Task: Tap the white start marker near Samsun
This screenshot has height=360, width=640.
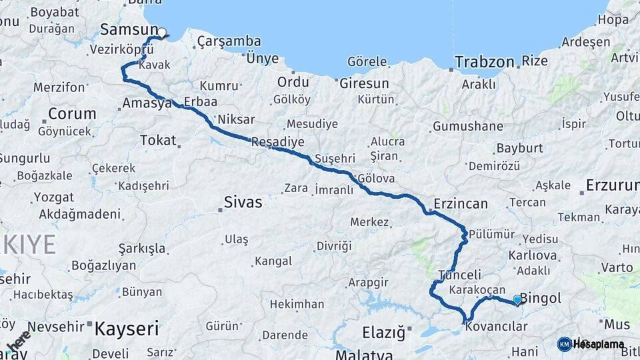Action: point(162,31)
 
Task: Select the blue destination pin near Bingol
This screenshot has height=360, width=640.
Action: point(517,299)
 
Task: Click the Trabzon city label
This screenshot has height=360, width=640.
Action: point(485,62)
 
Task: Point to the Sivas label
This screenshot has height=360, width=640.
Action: point(243,202)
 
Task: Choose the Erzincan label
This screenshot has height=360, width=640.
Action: point(461,203)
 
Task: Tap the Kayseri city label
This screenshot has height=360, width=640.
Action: point(127,328)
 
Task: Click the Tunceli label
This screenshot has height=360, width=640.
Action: point(460,275)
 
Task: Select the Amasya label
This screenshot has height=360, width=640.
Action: point(147,103)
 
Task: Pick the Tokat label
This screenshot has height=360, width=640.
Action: point(158,140)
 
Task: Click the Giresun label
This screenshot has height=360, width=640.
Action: point(364,84)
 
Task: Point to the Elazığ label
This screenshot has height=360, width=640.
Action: point(383,331)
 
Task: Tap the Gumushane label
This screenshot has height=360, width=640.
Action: point(468,126)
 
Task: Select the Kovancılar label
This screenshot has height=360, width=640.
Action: point(497,327)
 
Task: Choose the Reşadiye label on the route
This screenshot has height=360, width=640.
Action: point(278,142)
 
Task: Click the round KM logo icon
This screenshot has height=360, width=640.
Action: point(564,344)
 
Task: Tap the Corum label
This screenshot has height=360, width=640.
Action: point(72,113)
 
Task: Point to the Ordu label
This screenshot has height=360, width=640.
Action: point(293,82)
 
